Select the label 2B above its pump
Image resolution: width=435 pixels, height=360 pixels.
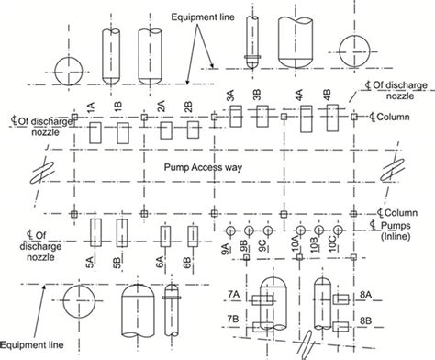tap(187, 107)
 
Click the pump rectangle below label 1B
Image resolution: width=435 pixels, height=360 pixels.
tap(122, 133)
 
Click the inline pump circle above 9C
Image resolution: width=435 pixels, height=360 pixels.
tap(268, 227)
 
